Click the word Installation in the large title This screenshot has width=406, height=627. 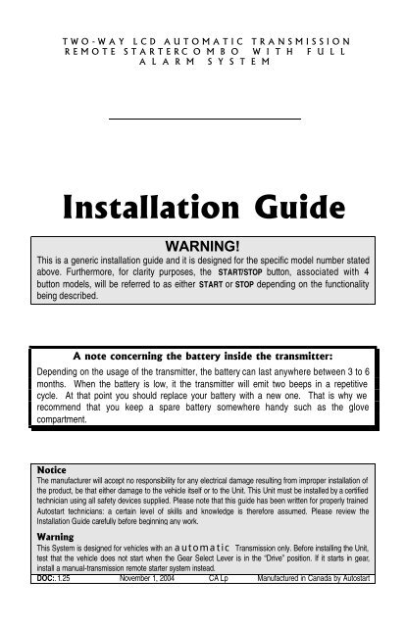[x=146, y=209]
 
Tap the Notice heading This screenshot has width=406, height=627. [x=50, y=470]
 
